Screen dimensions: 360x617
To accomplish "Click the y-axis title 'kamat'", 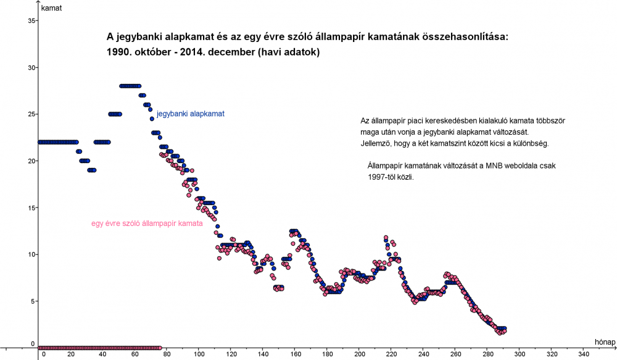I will coord(51,9).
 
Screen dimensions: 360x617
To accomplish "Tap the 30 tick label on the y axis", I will coord(31,67).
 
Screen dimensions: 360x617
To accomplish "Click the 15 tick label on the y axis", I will coord(31,207).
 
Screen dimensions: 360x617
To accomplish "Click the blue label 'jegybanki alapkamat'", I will coord(190,114).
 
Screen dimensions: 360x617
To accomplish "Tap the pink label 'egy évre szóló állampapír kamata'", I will coord(147,224).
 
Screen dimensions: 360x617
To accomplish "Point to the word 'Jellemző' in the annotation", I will coord(377,143).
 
